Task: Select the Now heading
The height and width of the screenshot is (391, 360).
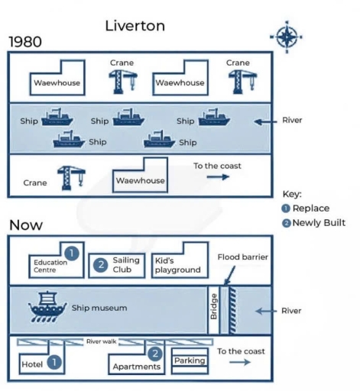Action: (26, 225)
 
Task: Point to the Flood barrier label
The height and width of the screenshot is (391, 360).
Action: (243, 257)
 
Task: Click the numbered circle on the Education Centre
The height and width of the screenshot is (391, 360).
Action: (71, 253)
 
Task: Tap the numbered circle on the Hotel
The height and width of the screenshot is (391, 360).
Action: (55, 363)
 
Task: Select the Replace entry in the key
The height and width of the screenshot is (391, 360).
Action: (307, 208)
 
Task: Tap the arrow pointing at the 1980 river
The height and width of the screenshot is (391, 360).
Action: (264, 121)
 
